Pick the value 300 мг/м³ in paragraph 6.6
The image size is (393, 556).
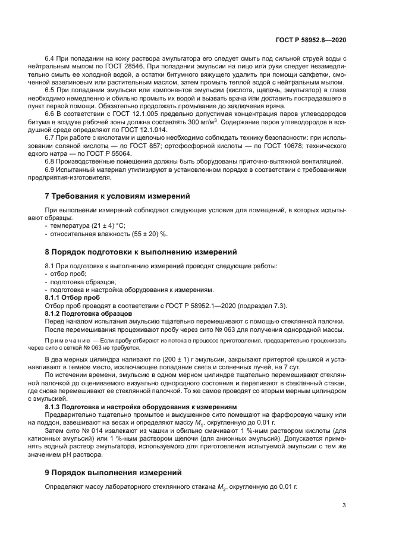coord(200,122)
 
